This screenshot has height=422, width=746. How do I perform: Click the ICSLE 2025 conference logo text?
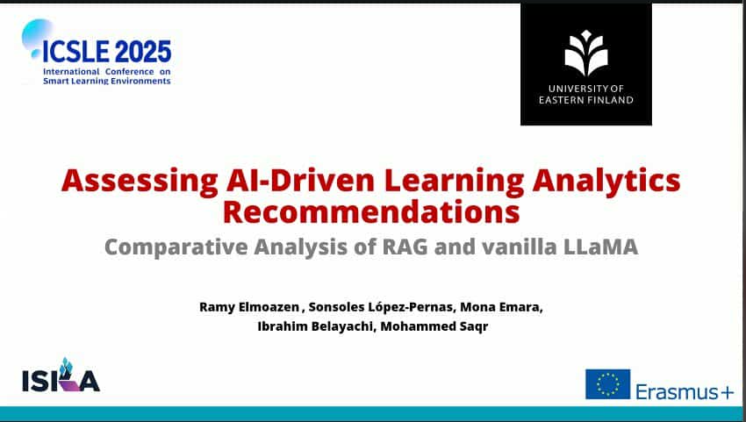coord(106,52)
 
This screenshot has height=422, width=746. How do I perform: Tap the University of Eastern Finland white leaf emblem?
coord(586,54)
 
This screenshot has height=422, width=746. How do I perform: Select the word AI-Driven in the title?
coord(301,181)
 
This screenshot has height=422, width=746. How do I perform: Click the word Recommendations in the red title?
coord(371,212)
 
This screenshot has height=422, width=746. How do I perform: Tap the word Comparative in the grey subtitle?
coord(176,247)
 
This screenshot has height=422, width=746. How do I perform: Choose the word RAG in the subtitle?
coord(405,247)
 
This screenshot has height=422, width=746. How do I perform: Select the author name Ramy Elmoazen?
coord(249,307)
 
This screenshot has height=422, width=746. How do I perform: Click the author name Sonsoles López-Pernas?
coord(381,307)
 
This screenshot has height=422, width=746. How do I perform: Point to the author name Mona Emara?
coord(501,307)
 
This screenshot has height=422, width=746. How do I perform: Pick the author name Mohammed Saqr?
coord(434,327)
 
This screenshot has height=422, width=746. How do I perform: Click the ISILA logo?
coord(61,376)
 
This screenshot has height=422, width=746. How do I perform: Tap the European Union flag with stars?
coord(607,384)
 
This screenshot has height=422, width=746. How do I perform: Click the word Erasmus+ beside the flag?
coord(685,392)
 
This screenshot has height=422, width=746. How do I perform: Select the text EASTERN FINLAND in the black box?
coord(586,100)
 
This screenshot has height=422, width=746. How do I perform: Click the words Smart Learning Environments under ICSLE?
coord(106,81)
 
